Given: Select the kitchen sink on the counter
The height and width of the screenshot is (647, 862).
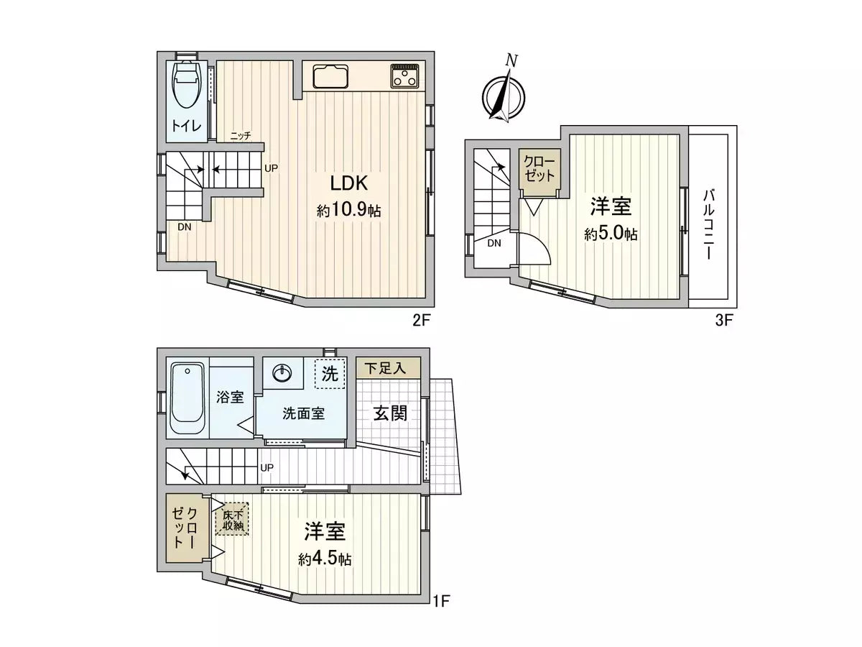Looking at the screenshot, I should click(330, 75).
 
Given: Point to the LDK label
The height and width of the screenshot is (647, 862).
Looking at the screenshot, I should click(349, 182).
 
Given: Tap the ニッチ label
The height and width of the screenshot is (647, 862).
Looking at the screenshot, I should click(240, 137).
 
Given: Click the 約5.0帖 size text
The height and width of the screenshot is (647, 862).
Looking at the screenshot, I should click(611, 234).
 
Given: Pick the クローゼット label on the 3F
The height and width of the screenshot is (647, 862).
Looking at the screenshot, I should click(539, 168).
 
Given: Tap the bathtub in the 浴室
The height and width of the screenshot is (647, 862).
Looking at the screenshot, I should click(188, 398).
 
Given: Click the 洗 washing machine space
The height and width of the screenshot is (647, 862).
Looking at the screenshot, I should click(330, 374).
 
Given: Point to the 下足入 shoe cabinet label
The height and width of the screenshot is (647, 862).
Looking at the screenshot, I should click(385, 369).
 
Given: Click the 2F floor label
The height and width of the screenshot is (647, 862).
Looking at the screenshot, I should click(420, 321).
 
